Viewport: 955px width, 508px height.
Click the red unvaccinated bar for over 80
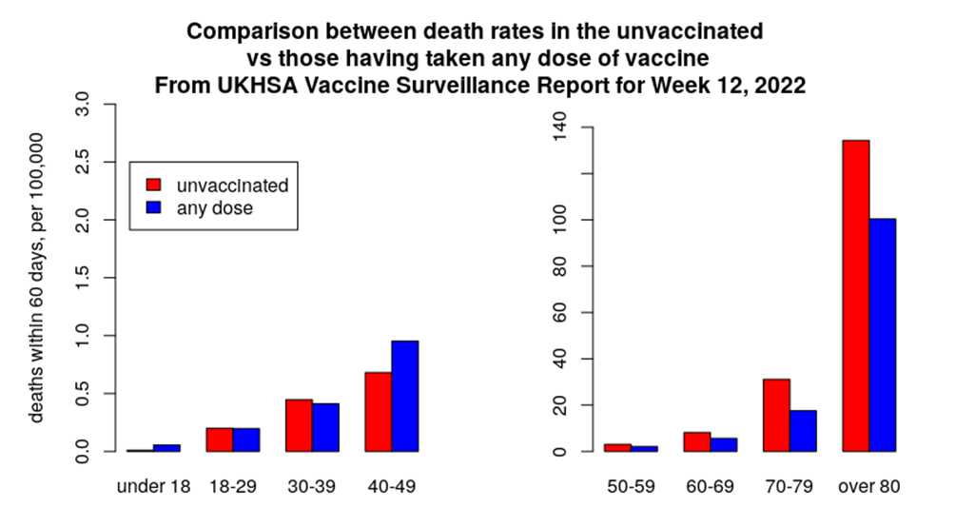pyautogui.click(x=856, y=295)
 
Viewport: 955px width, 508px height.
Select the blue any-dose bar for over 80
pyautogui.click(x=883, y=335)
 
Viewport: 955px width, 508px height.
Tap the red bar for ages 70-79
pyautogui.click(x=776, y=415)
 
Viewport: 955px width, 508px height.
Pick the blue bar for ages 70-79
pyautogui.click(x=803, y=431)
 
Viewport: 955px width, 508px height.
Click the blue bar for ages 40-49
pyautogui.click(x=405, y=396)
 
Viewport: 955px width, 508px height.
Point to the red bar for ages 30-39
pyautogui.click(x=300, y=425)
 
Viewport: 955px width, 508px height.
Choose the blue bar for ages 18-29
pyautogui.click(x=246, y=440)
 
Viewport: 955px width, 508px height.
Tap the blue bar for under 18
pyautogui.click(x=166, y=447)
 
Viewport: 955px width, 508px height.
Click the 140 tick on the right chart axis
pyautogui.click(x=560, y=127)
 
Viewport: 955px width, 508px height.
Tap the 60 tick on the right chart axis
pyautogui.click(x=560, y=312)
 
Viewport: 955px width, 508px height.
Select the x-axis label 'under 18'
pyautogui.click(x=153, y=486)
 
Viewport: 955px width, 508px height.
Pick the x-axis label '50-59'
pyautogui.click(x=631, y=486)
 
